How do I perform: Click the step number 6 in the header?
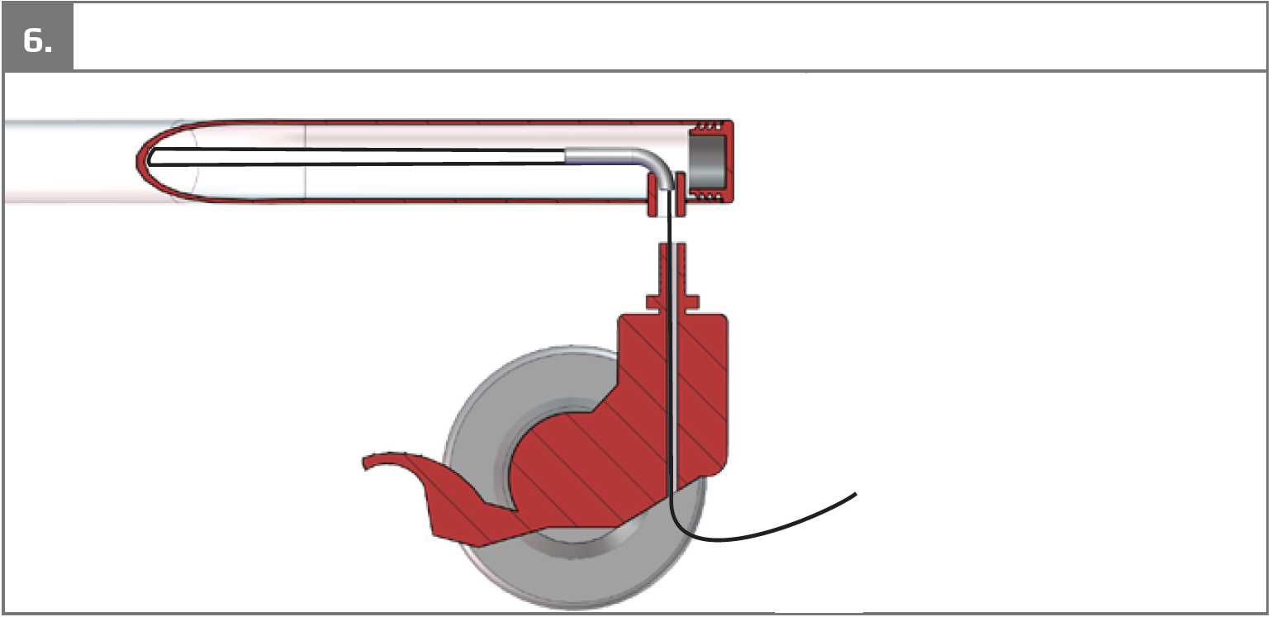click(x=37, y=40)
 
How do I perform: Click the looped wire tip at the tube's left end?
click(x=150, y=157)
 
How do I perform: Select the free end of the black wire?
click(x=855, y=494)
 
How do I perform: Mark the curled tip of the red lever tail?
click(x=366, y=463)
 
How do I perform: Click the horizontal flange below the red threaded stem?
click(x=672, y=301)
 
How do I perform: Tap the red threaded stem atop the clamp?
click(x=672, y=269)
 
